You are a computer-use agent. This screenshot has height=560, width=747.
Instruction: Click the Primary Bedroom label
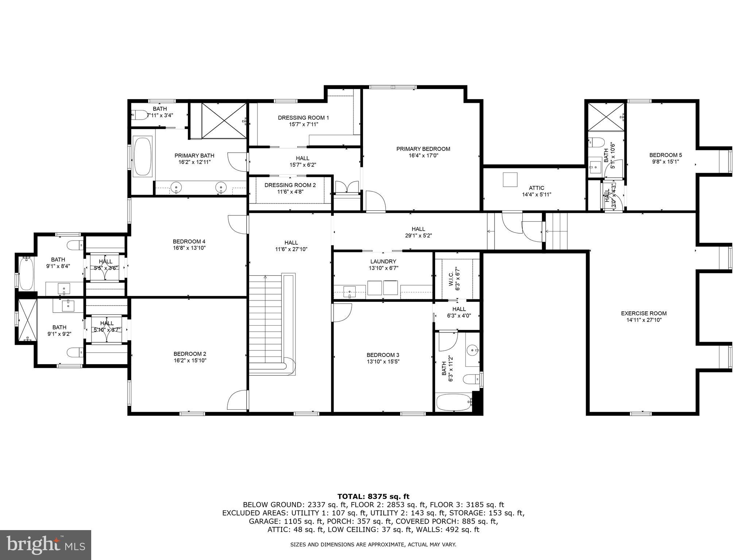(x=423, y=149)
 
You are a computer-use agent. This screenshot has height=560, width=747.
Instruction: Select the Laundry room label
(x=383, y=261)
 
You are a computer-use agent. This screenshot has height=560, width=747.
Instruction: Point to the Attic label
(x=537, y=188)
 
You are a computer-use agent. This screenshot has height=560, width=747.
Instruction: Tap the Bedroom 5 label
(x=661, y=155)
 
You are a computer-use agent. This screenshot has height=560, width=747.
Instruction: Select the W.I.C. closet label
(x=451, y=278)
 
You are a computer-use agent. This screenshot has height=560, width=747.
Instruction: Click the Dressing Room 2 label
(x=290, y=185)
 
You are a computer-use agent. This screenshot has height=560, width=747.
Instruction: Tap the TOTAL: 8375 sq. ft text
(x=373, y=497)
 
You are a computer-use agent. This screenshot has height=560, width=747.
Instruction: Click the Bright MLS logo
(x=46, y=545)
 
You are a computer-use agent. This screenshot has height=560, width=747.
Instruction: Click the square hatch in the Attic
(x=510, y=179)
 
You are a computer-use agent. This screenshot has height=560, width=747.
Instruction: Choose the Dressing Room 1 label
(x=303, y=118)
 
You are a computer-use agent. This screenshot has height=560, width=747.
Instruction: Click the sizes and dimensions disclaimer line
(x=373, y=545)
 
